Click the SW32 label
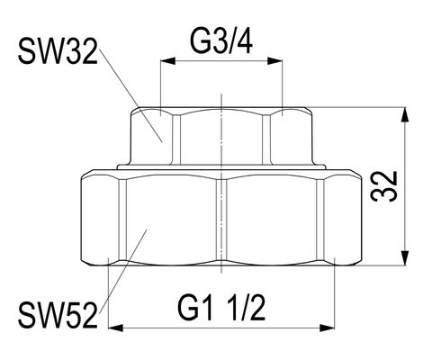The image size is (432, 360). click(x=58, y=52)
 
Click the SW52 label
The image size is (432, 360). click(x=58, y=316)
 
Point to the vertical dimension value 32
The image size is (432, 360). click(x=384, y=186)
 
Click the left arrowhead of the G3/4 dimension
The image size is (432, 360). click(x=168, y=60)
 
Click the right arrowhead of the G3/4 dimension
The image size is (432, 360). click(x=275, y=60)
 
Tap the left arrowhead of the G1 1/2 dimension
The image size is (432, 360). click(x=115, y=328)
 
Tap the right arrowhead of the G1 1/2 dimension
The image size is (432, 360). click(x=327, y=328)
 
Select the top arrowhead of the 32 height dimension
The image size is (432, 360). click(x=405, y=114)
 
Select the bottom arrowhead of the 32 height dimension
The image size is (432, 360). click(x=405, y=258)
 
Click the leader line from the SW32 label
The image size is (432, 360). click(x=130, y=95)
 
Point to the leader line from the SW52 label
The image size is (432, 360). click(x=122, y=272)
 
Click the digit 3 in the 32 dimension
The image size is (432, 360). click(x=384, y=194)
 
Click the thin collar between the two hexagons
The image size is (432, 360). click(x=221, y=166)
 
